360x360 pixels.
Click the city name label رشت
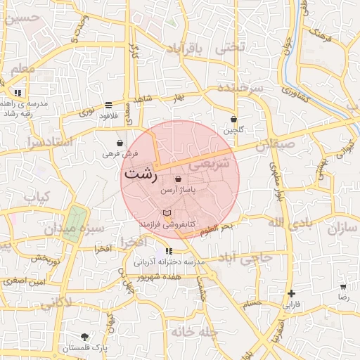pos(140,174)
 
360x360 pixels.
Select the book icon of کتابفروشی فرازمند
pos(167,212)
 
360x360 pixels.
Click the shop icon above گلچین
pos(233,119)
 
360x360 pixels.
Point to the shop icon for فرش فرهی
pos(120,143)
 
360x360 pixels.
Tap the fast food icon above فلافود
pos(108,105)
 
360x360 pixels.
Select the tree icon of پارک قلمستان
pos(85,337)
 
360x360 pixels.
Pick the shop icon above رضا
pos(343,287)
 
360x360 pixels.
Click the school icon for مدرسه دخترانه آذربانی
pos(169,251)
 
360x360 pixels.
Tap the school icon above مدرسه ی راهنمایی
pos(18,92)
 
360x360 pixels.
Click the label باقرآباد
pos(185,48)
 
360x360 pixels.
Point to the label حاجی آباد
pos(245,257)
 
